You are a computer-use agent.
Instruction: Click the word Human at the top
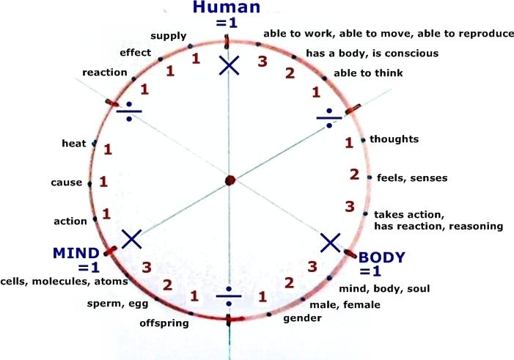point(227,7)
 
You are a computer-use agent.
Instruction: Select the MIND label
point(76,254)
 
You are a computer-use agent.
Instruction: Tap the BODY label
point(382,257)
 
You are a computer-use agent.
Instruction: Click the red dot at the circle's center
point(230,180)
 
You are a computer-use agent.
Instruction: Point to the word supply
point(169,36)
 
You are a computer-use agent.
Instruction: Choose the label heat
point(74,143)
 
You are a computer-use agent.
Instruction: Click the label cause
point(67,183)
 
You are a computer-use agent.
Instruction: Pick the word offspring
point(164,323)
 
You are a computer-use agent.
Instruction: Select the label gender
point(302,318)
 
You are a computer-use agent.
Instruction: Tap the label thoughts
point(394,139)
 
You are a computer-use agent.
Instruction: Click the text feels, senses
point(412,178)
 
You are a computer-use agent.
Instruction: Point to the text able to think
point(368,73)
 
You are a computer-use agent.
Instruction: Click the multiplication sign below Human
point(229,65)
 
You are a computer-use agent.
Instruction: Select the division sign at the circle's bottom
point(229,296)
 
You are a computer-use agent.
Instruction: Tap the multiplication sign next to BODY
point(330,243)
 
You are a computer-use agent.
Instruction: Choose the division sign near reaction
point(129,111)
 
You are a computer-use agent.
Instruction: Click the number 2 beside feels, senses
point(354,175)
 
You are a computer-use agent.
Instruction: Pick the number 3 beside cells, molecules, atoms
point(147,268)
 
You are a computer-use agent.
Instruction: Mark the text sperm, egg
point(117,304)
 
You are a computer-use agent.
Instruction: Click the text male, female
point(345,305)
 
